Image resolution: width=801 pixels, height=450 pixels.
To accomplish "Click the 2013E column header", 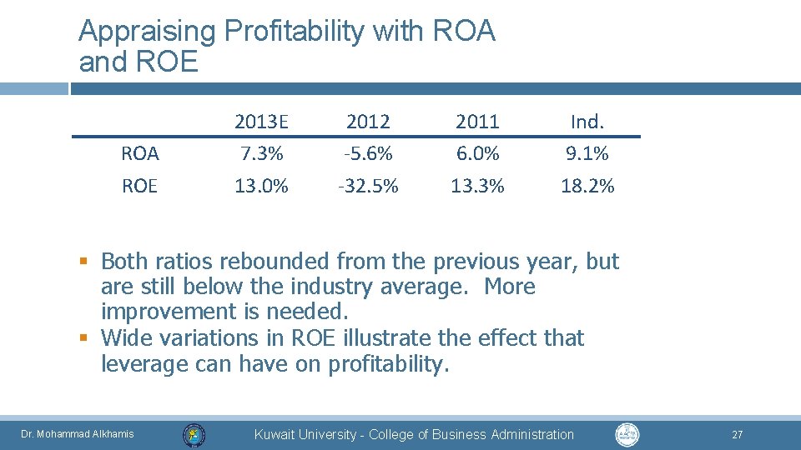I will [261, 122].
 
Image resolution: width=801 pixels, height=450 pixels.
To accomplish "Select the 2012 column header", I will [368, 122].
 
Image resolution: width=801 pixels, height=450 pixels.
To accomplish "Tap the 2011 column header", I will [477, 122].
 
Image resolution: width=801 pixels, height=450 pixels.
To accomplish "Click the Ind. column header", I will [587, 122].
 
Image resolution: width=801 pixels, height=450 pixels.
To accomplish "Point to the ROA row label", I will [139, 154].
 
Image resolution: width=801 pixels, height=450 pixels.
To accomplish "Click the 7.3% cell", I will [261, 154].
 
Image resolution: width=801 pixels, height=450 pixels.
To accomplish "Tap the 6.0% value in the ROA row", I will [477, 154].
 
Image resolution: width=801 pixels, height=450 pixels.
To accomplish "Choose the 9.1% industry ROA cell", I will [587, 154].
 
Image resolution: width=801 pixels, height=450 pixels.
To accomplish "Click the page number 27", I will [737, 435].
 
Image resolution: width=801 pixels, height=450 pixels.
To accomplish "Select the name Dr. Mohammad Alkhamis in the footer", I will [77, 434].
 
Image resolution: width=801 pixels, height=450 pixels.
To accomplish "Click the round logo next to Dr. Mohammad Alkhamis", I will [194, 434].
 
